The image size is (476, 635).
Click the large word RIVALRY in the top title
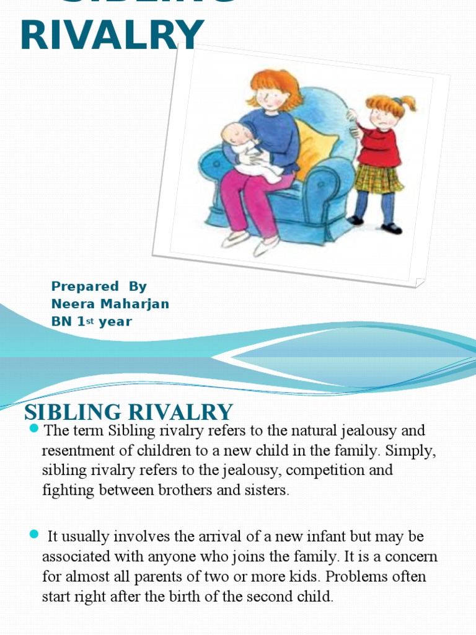click(112, 35)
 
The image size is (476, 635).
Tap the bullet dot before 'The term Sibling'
click(33, 429)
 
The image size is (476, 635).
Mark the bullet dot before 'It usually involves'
click(33, 535)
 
